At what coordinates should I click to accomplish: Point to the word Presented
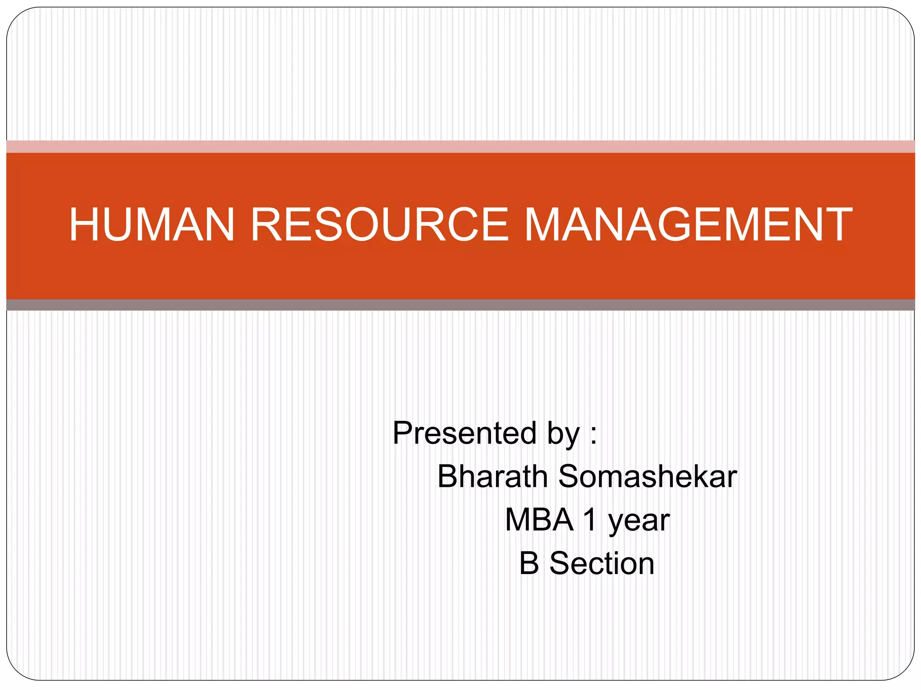[x=465, y=433]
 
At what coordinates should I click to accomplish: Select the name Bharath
[x=492, y=476]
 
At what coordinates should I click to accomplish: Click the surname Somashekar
[x=648, y=476]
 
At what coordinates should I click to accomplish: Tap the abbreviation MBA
[x=539, y=520]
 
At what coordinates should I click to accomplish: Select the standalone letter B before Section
[x=529, y=563]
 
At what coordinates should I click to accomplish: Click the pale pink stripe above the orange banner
[x=460, y=146]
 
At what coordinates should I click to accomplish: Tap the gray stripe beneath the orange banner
[x=460, y=305]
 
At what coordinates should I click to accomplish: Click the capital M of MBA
[x=519, y=520]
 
